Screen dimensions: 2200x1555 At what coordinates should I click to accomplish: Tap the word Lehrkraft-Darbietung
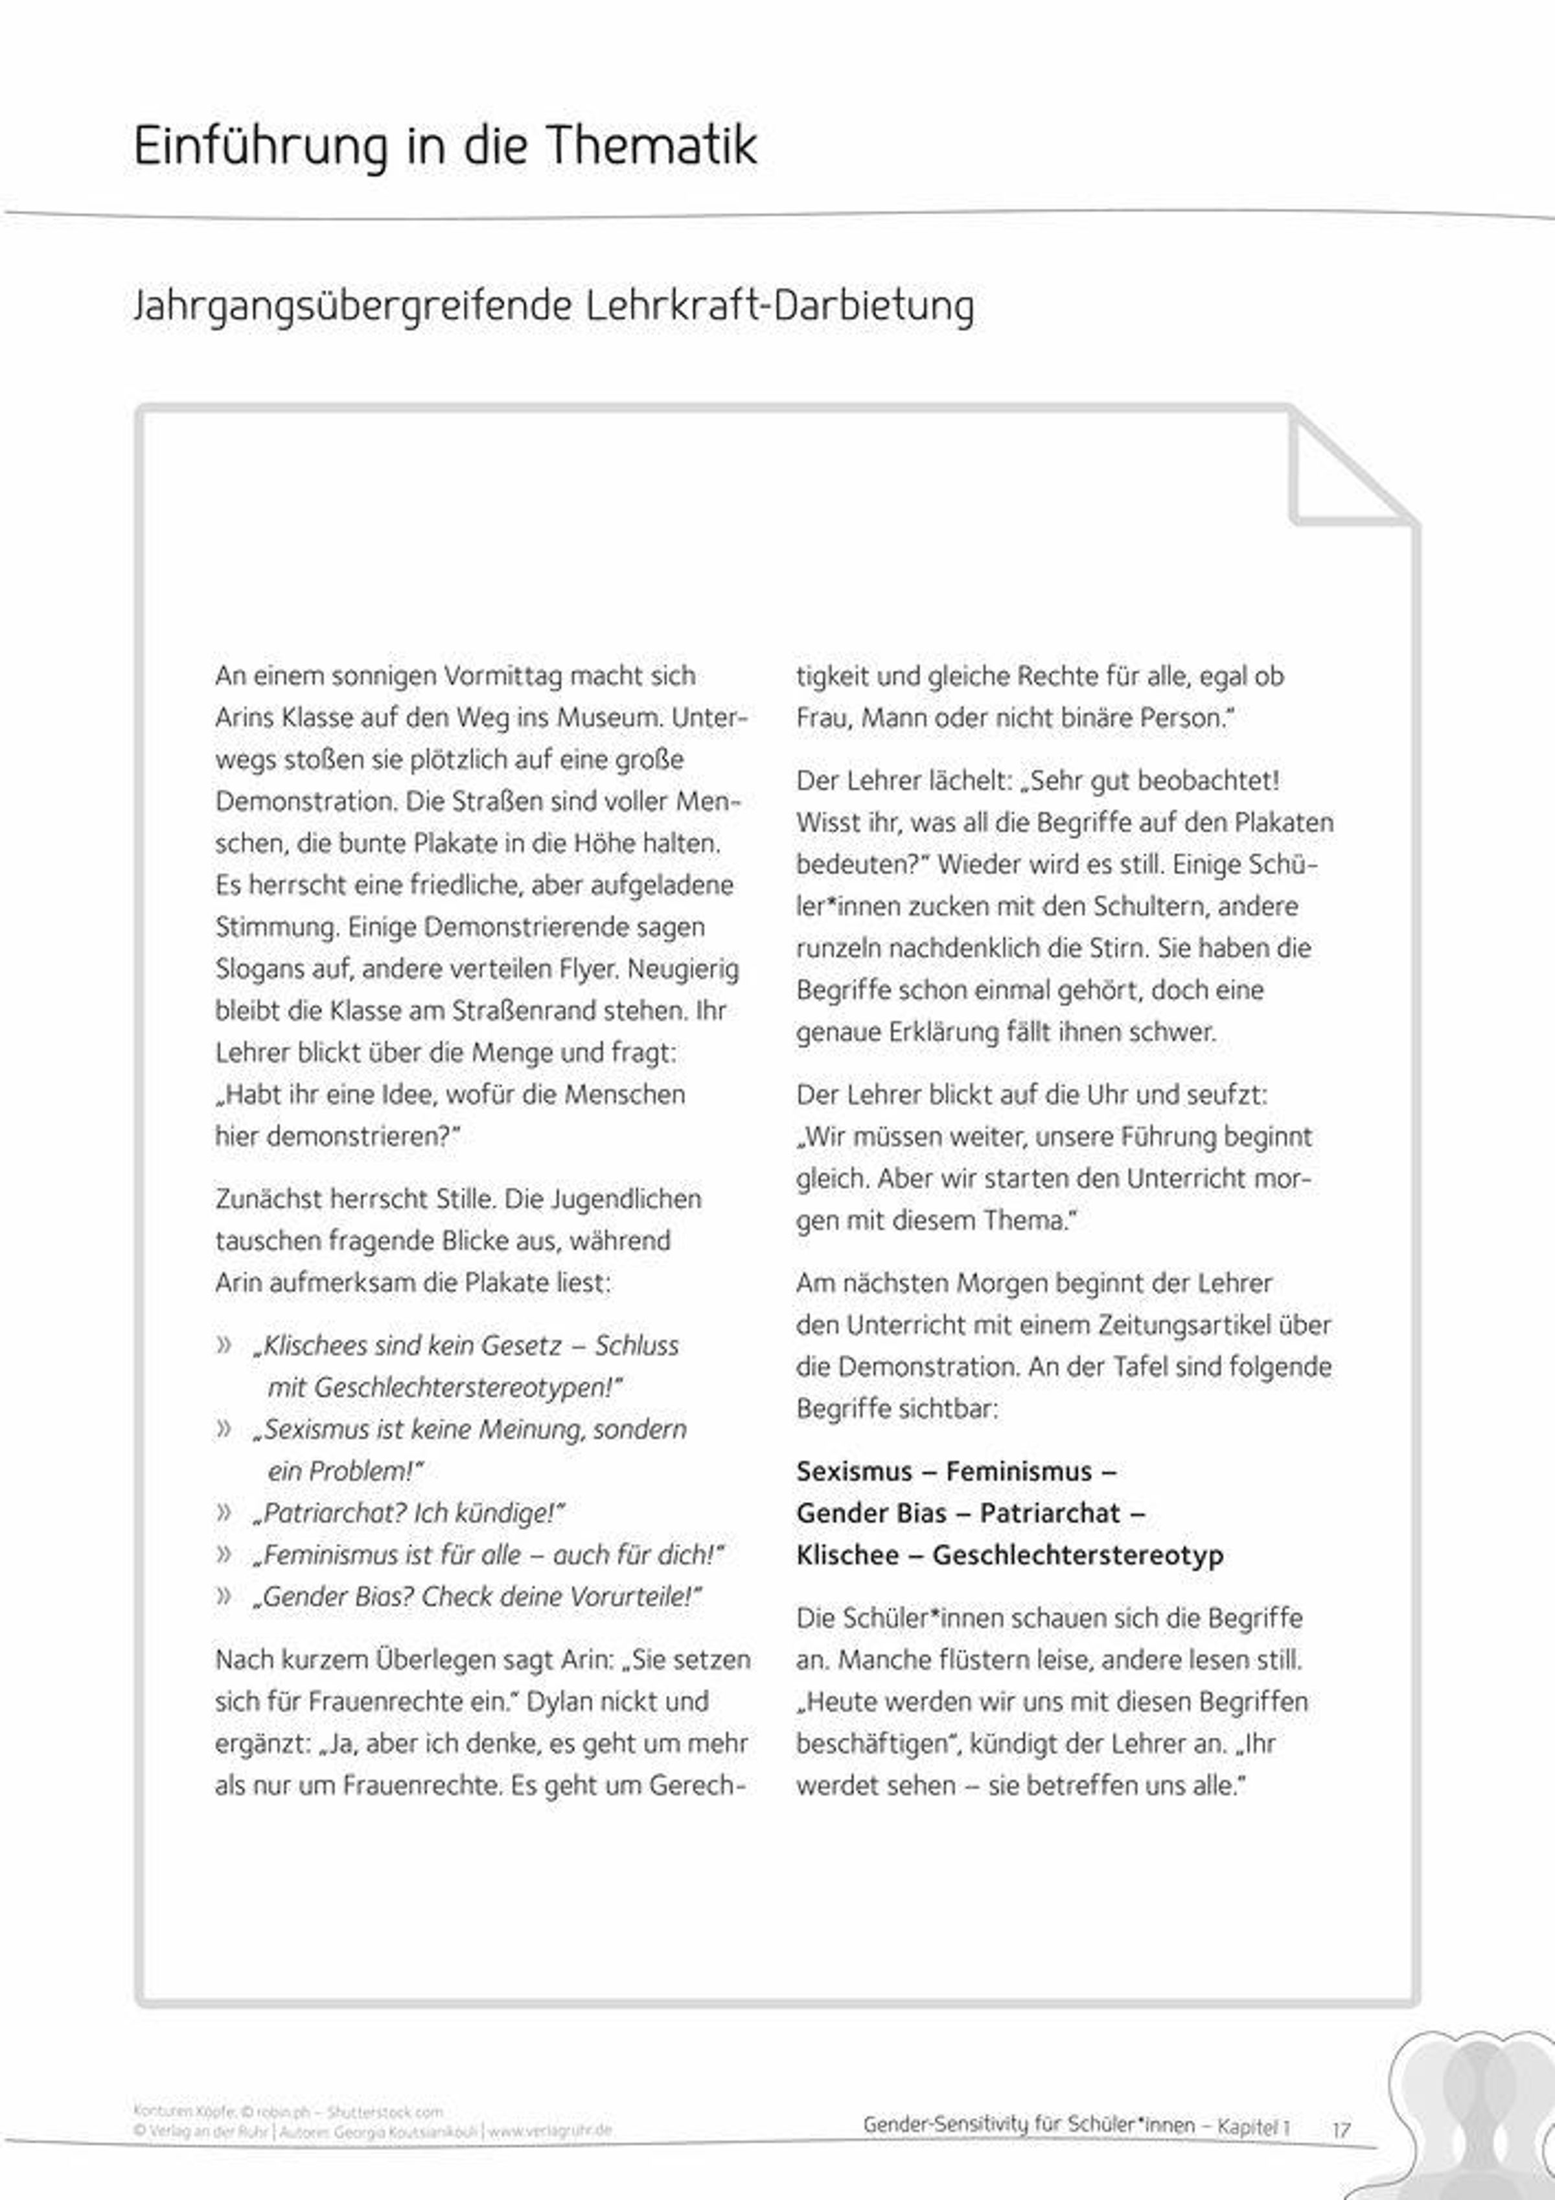click(780, 306)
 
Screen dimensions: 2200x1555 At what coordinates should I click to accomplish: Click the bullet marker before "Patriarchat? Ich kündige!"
click(224, 1513)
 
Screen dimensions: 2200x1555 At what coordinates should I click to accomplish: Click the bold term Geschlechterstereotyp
click(1078, 1555)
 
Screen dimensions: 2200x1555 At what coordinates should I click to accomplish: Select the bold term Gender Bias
click(871, 1513)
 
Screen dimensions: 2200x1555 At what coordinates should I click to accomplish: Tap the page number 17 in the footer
click(1341, 2130)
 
